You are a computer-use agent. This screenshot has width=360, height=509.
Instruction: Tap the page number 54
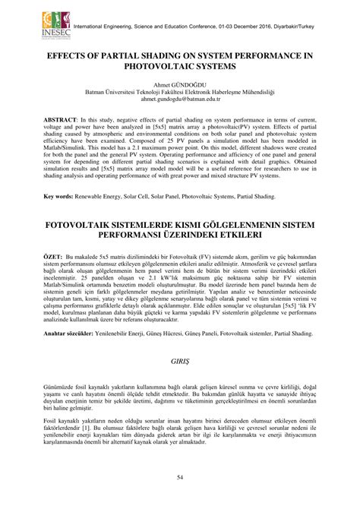point(180,476)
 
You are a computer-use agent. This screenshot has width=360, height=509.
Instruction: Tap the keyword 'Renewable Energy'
point(99,197)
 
